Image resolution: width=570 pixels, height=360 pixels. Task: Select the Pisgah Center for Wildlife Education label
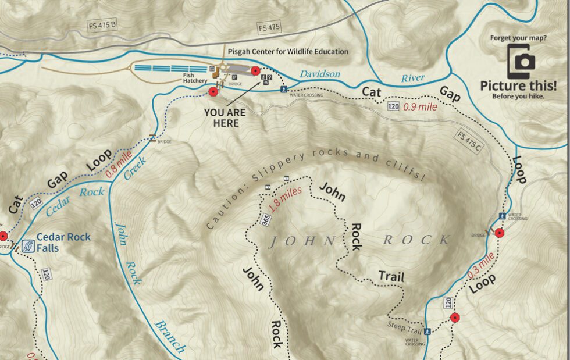(288, 52)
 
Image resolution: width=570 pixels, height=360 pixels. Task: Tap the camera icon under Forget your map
(521, 61)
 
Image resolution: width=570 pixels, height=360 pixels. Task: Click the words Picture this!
(518, 85)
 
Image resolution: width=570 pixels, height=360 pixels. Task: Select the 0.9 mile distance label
(420, 107)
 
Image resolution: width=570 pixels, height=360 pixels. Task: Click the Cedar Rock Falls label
(63, 242)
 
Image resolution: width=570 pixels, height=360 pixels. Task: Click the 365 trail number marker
(265, 219)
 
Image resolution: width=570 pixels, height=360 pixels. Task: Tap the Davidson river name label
(320, 74)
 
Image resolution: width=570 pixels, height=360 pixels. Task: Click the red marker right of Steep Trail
(455, 318)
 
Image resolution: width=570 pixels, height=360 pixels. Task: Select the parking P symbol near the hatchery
(234, 76)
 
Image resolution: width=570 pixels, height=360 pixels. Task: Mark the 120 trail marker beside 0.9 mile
(393, 106)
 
